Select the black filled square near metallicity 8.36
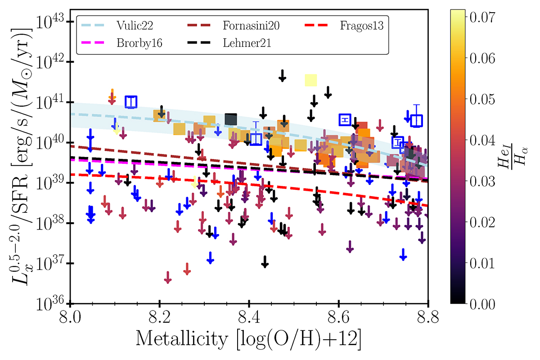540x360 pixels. [231, 119]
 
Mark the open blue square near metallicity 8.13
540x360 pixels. [131, 102]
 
